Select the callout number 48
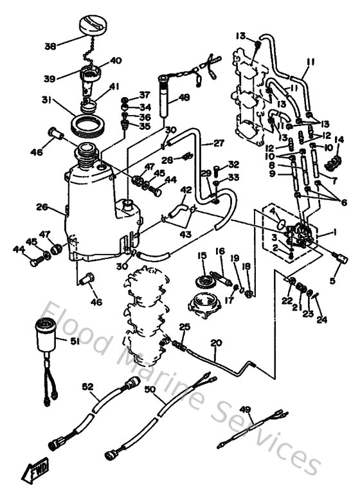(x=184, y=98)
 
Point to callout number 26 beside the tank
(x=42, y=207)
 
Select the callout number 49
(x=245, y=409)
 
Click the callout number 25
(x=185, y=327)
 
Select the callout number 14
(x=338, y=139)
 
